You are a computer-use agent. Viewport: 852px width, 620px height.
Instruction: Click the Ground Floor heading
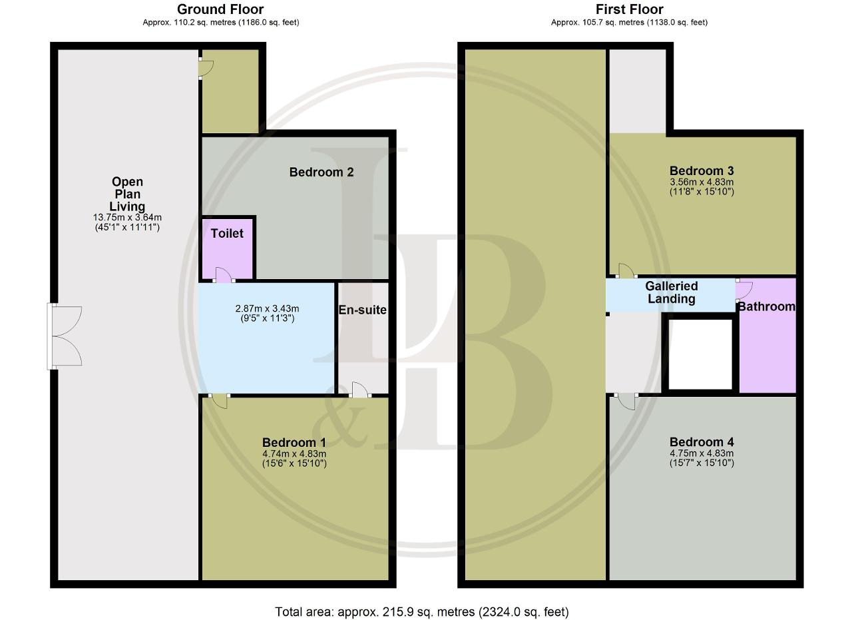tap(220, 9)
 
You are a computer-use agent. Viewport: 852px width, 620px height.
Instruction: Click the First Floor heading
tap(630, 9)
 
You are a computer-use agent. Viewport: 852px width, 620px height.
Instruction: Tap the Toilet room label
tap(227, 233)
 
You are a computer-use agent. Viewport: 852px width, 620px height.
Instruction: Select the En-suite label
tap(363, 310)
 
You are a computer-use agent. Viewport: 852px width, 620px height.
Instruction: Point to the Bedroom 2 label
tap(321, 172)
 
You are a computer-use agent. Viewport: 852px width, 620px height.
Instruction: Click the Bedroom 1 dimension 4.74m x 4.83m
tap(294, 454)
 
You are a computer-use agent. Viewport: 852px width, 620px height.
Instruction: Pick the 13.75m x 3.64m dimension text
tap(127, 217)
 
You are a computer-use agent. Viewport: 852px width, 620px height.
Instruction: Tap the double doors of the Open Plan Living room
tap(65, 336)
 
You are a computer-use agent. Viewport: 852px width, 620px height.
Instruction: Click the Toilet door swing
tap(224, 275)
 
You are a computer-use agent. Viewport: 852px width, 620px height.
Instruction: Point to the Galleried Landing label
tap(672, 292)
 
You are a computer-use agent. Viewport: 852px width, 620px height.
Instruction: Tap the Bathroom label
tap(767, 306)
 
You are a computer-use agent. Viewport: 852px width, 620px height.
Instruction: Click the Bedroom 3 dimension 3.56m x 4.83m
tap(702, 182)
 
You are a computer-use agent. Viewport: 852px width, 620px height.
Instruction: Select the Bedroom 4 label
tap(702, 442)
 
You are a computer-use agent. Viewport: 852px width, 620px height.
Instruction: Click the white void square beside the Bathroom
tap(700, 355)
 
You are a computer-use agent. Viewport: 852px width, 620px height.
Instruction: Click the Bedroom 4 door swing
tap(626, 402)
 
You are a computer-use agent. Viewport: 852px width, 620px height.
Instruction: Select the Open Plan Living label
tap(127, 194)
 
